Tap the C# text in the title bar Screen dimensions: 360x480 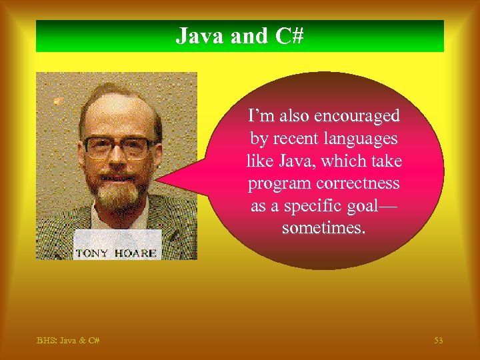288,36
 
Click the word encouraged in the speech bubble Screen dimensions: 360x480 357,116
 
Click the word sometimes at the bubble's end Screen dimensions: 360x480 324,229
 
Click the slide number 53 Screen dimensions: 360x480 438,341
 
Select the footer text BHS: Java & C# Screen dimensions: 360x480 68,341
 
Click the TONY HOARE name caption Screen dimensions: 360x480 116,253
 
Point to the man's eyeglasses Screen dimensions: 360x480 117,147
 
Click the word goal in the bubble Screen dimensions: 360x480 371,207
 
